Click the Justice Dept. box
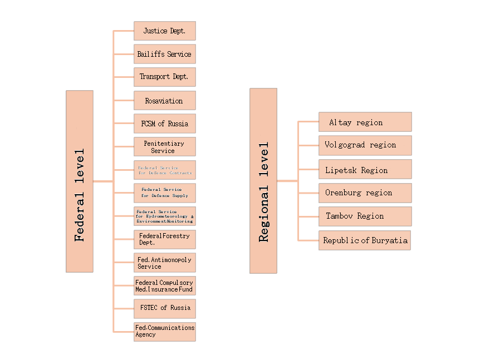(164, 31)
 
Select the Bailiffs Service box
(164, 54)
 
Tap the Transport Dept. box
(164, 77)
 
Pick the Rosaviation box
(164, 101)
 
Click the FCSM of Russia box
(164, 124)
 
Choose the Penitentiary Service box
(164, 147)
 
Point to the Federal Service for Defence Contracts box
(164, 170)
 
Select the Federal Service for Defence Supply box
(164, 193)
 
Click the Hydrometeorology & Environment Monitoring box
(164, 216)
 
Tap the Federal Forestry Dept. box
(164, 239)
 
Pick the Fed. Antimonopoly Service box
(164, 263)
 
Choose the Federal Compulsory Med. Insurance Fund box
(164, 285)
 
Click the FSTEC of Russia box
(164, 308)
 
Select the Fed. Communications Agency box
(164, 331)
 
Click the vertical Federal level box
(80, 181)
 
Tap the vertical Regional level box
(263, 181)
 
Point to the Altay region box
(365, 122)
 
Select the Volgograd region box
(365, 145)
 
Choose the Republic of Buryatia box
(365, 240)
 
